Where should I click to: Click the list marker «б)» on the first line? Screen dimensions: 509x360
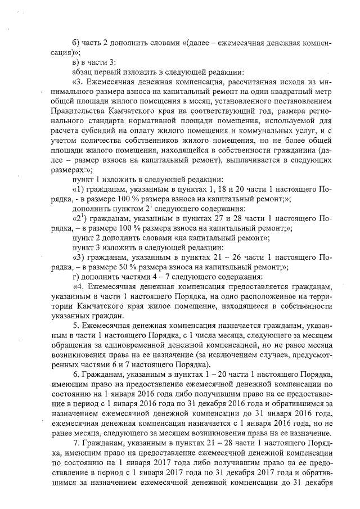pyautogui.click(x=77, y=44)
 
